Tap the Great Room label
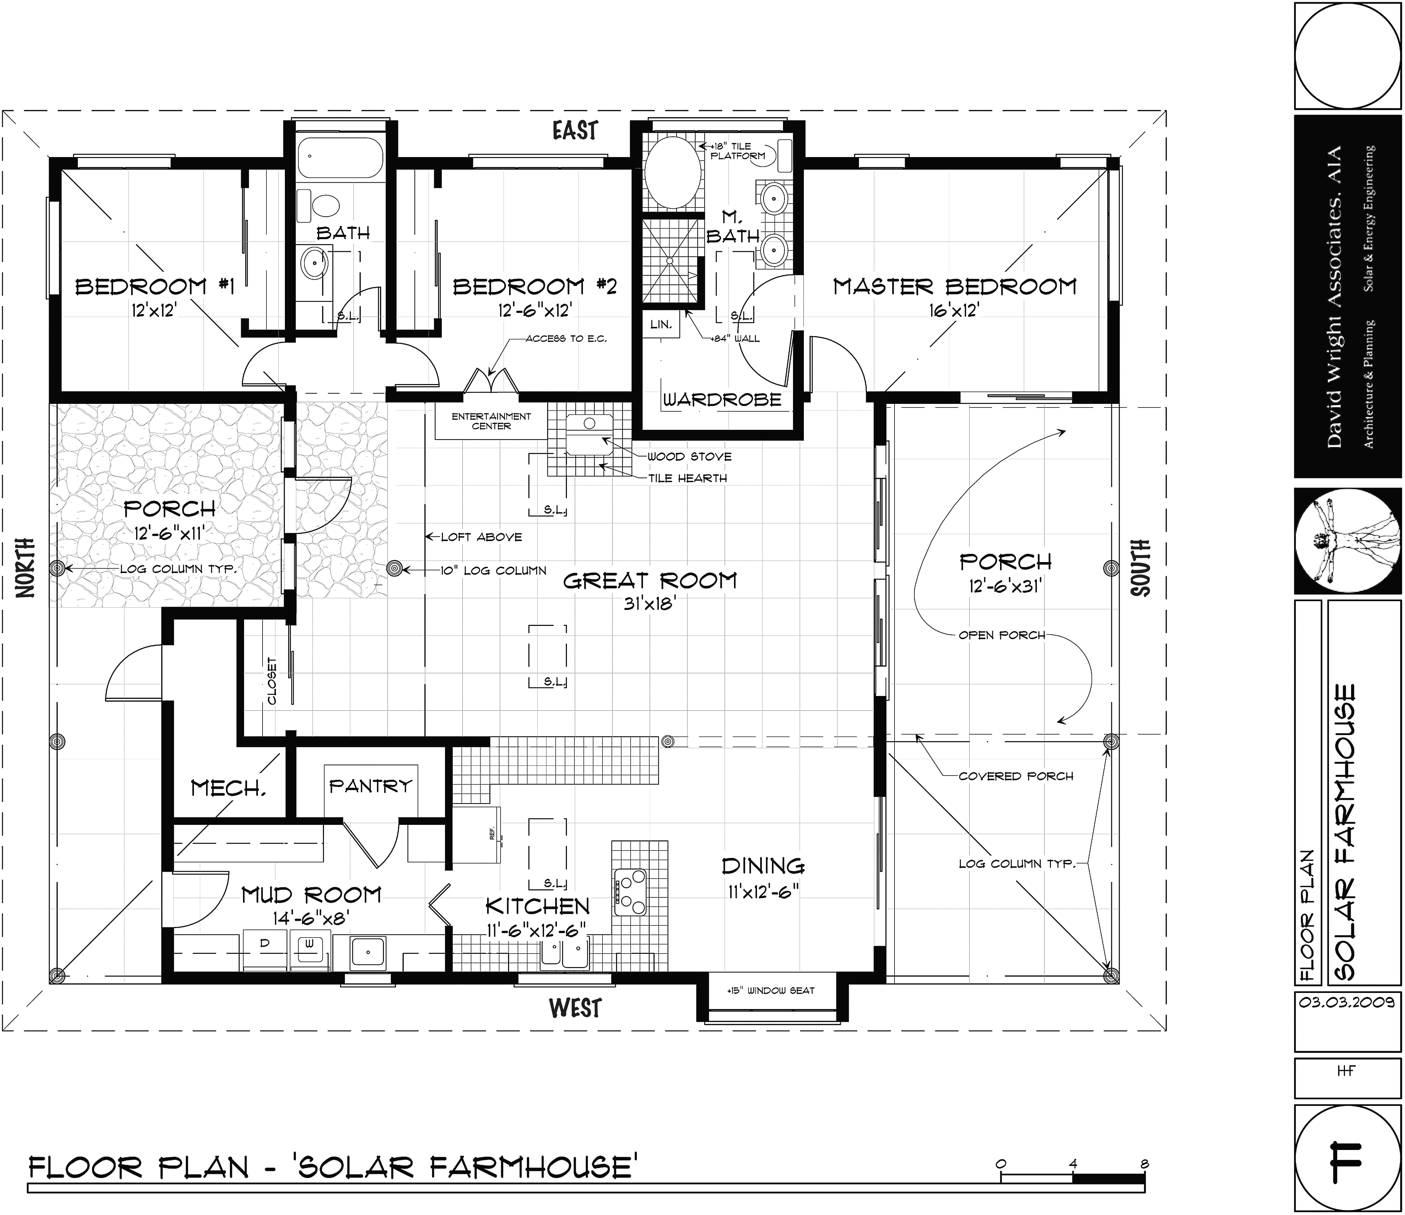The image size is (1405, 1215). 650,580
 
